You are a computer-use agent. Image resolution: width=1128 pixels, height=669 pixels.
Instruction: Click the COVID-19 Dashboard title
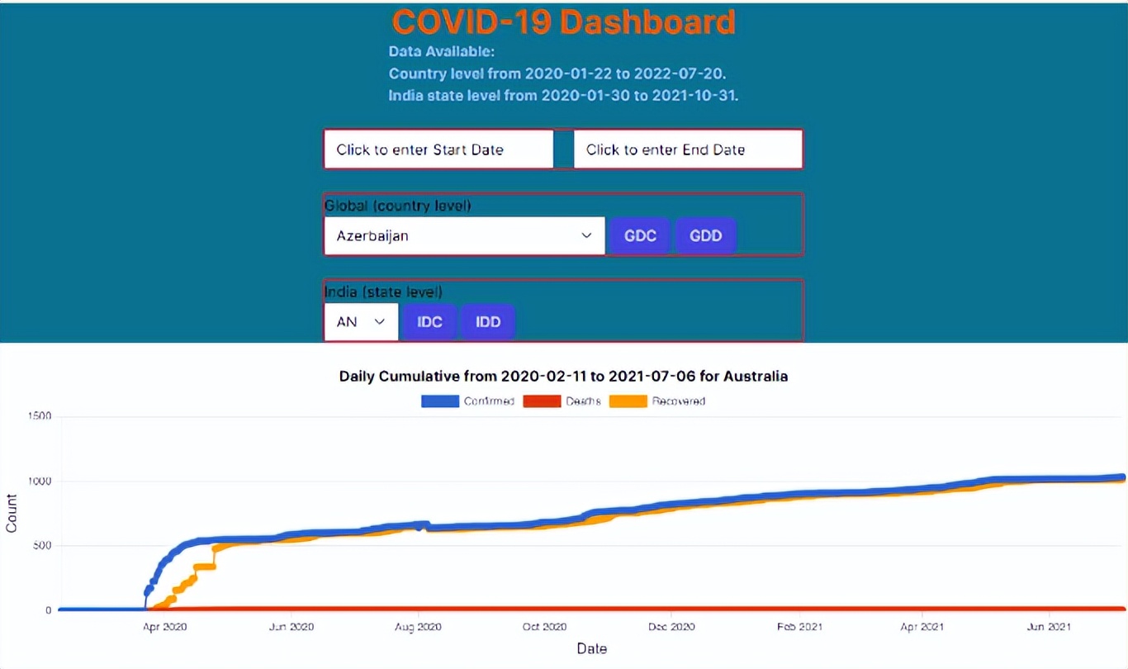[563, 22]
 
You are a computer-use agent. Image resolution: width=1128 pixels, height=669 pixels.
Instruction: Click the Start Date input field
[438, 149]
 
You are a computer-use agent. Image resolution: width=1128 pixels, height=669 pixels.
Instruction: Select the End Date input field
[688, 149]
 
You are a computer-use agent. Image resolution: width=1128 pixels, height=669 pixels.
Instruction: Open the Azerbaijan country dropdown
[464, 236]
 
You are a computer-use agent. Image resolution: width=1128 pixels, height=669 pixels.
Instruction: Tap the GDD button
[706, 236]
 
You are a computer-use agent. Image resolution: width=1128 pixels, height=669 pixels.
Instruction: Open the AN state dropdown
[361, 321]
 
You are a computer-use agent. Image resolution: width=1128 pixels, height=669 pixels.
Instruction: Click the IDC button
[429, 321]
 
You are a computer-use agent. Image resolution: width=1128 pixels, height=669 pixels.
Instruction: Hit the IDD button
[488, 321]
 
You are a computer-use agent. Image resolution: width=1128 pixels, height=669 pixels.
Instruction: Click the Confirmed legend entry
[468, 401]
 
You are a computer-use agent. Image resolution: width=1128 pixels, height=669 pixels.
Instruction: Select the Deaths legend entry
[563, 401]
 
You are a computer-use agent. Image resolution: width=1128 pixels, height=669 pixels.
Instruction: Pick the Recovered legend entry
[657, 401]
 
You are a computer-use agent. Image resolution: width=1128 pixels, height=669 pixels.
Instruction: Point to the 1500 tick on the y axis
[41, 416]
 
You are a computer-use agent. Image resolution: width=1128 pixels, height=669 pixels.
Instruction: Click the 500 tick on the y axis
[44, 546]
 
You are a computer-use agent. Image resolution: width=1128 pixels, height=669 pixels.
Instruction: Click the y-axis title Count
[12, 513]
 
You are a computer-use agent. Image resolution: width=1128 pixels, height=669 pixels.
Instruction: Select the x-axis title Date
[592, 649]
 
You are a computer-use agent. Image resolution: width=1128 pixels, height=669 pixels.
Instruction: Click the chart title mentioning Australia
[563, 377]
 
